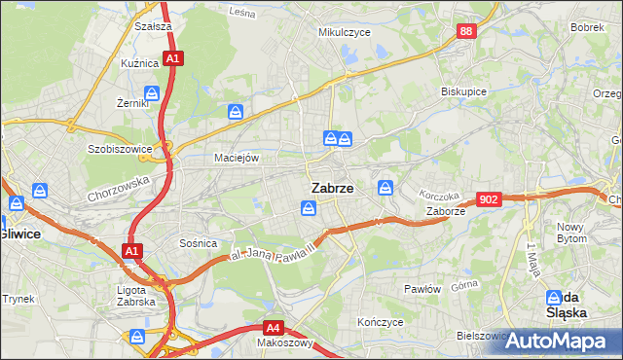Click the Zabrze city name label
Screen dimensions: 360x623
pos(332,188)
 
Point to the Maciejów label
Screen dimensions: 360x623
pos(236,158)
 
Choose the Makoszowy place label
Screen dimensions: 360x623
pos(284,342)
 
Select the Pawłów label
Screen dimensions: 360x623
pos(423,289)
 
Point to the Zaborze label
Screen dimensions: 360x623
pos(446,210)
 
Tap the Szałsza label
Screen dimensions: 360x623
pos(154,27)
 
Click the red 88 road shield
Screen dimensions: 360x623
pos(466,32)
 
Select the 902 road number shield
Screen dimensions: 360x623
pos(490,199)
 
